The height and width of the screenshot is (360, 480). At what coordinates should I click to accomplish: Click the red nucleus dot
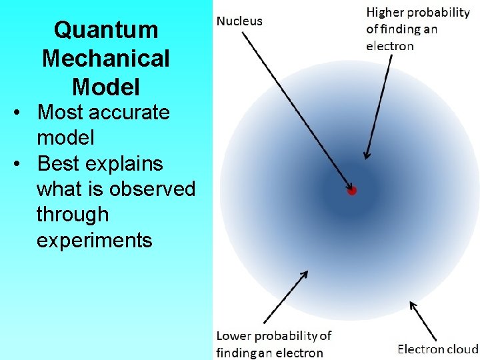coord(352,191)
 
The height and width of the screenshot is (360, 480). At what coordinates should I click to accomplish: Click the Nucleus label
coord(239,21)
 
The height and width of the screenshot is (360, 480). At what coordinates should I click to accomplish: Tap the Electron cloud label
coord(437,349)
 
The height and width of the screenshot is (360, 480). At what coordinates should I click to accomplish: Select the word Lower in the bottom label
coord(233,335)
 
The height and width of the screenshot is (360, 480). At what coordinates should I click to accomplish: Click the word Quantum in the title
coord(106,30)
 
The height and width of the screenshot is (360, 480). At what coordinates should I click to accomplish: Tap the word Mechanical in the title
coord(106,59)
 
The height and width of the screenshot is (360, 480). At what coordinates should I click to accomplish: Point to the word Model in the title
coord(106,87)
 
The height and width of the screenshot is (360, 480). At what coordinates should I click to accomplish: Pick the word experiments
coord(94,240)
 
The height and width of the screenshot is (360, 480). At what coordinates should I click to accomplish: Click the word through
coord(72,215)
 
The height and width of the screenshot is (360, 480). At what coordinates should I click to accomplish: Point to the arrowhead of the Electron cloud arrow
coord(411,305)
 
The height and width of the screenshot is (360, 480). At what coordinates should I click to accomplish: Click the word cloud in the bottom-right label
coord(462,349)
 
